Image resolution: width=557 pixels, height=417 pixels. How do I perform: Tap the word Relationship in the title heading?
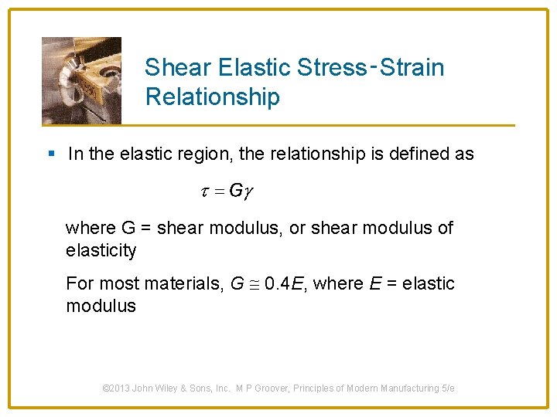coord(212,97)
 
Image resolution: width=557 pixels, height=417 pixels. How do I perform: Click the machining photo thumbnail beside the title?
coord(81,80)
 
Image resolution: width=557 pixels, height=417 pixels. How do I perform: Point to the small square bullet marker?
coord(51,154)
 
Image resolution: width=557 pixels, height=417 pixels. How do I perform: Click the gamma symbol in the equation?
coord(248,192)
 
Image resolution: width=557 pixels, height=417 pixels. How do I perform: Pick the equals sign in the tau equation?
coord(220,192)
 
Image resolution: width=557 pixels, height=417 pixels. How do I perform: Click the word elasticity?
coord(101,250)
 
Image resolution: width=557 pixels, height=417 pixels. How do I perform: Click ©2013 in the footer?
coord(118,388)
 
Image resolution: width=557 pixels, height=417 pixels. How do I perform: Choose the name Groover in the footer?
coord(285,388)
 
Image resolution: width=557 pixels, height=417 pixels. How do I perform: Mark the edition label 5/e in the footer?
coord(448,388)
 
